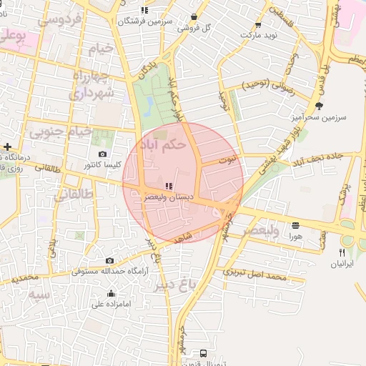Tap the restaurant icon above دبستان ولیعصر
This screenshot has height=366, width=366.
click(x=169, y=186)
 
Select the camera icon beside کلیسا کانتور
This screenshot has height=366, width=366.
click(x=103, y=154)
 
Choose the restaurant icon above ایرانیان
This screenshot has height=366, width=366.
click(x=342, y=252)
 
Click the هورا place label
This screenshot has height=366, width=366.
click(x=295, y=235)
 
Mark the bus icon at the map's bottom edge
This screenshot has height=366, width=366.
click(x=204, y=353)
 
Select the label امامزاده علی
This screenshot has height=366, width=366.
click(x=111, y=303)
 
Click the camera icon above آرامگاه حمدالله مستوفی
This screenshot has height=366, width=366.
click(x=109, y=261)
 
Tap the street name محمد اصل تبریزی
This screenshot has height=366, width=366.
click(x=255, y=274)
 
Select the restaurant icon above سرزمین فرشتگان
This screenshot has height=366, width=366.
click(x=145, y=10)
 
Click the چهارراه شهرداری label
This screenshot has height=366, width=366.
click(x=91, y=84)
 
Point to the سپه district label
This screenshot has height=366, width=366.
click(x=39, y=293)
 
